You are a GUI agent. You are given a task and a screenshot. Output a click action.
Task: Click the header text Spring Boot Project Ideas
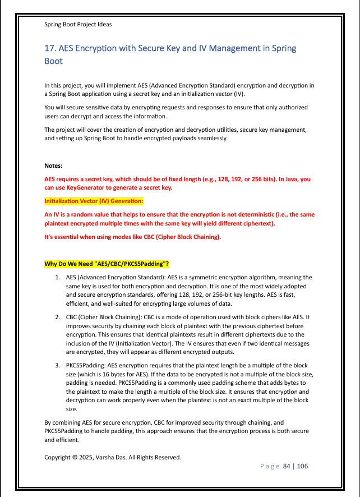[x=78, y=24]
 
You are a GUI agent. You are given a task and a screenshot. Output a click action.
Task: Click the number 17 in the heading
[x=49, y=48]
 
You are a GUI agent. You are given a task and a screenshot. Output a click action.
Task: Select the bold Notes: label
[x=54, y=166]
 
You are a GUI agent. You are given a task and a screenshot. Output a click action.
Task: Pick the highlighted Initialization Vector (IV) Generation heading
[x=94, y=201]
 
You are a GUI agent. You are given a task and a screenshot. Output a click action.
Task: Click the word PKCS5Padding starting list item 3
[x=85, y=365]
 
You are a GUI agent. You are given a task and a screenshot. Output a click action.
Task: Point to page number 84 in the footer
[x=287, y=466]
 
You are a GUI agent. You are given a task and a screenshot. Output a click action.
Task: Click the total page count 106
[x=302, y=466]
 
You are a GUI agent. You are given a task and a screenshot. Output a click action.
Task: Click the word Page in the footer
[x=270, y=466]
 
